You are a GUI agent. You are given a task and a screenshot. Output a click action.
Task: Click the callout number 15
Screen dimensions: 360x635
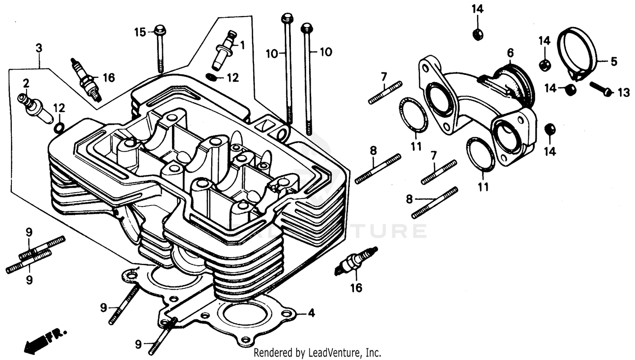point(140,32)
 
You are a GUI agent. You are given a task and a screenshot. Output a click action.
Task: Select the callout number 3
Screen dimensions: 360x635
point(39,48)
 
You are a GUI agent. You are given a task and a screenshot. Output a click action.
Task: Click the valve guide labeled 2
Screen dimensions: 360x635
point(35,108)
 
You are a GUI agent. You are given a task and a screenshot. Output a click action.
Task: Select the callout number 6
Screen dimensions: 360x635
point(510,53)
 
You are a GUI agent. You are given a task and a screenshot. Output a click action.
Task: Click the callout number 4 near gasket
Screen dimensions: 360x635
point(311,313)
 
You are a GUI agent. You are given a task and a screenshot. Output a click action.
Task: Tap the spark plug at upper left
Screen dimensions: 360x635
point(87,80)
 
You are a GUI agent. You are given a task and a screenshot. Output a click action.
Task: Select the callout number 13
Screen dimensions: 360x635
point(624,93)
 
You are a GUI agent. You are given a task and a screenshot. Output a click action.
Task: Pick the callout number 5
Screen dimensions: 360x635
point(614,61)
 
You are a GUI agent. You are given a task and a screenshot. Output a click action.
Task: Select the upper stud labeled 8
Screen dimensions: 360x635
point(378,169)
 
